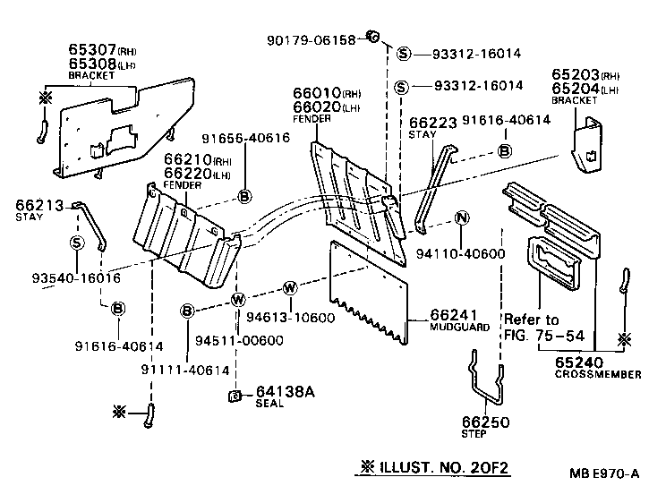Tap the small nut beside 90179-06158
pos(374,37)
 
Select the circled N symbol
pos(462,217)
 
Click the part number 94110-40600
pos(461,254)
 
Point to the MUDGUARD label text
pos(460,328)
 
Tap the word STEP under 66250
pos(474,434)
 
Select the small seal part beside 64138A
pos(235,395)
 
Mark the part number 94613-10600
pos(303,317)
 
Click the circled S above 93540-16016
pos(77,243)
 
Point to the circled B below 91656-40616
pos(244,196)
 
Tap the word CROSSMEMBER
pos(599,375)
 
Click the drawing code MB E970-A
pos(607,474)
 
